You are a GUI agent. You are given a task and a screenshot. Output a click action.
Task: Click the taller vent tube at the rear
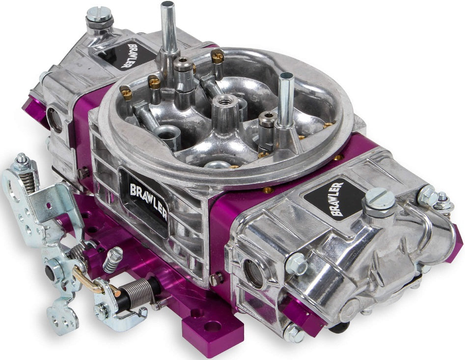click(x=168, y=27)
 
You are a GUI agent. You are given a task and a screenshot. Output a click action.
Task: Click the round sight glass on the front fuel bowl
click(x=254, y=273)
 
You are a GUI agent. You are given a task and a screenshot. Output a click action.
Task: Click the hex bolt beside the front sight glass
click(x=296, y=263)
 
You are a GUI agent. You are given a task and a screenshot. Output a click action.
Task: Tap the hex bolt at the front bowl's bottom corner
click(x=294, y=333)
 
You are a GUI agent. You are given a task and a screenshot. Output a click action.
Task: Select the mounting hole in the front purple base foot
click(x=212, y=326)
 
